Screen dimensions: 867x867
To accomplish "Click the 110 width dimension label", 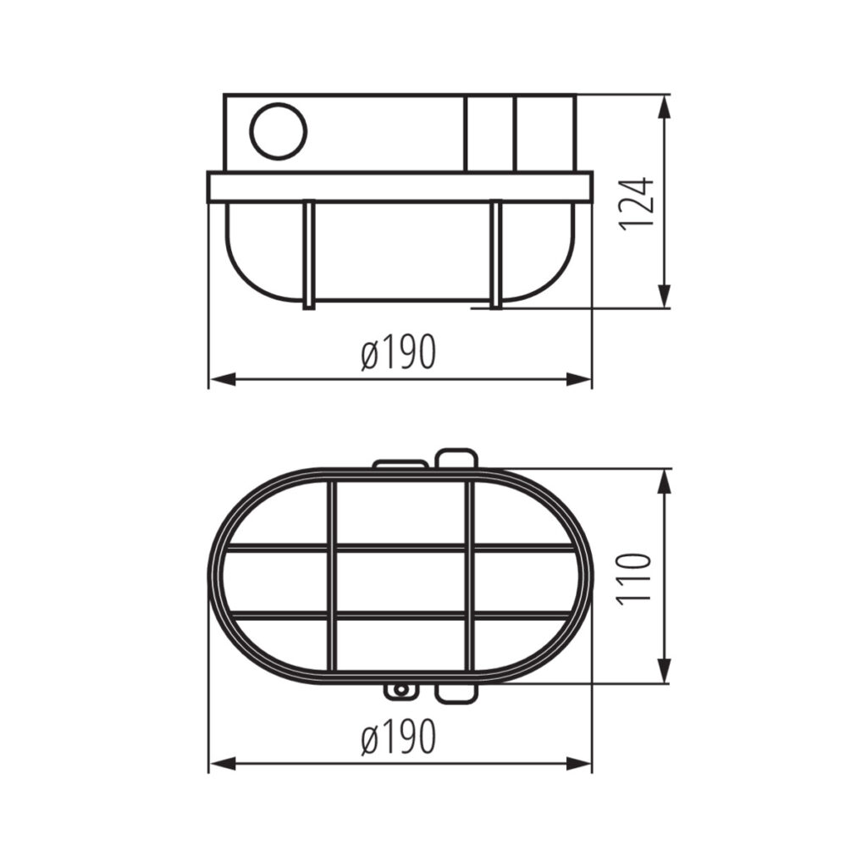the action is [635, 578].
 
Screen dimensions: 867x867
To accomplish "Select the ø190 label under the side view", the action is [399, 351].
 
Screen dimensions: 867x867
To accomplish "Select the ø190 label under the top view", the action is [399, 737].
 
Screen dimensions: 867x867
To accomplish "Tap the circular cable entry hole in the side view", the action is [278, 131].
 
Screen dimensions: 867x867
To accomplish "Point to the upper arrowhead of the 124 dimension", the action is [665, 107].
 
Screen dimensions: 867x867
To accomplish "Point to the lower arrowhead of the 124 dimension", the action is [665, 295].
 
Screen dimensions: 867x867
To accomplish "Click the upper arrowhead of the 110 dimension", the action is [665, 481].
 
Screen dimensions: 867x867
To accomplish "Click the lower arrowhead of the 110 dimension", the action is [665, 671].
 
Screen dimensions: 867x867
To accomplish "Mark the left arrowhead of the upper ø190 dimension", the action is [223, 379].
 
